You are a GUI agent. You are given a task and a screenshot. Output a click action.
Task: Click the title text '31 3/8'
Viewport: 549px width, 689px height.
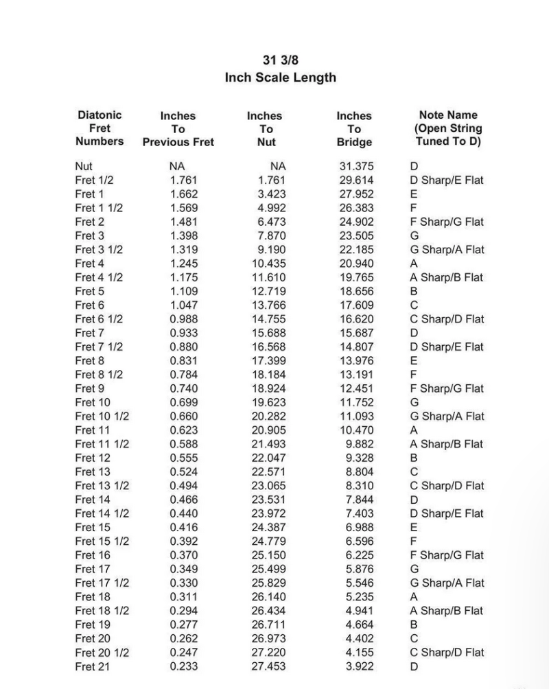tap(280, 60)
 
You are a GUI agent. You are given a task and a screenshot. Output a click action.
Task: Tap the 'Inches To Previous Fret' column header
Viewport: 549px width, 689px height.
tap(178, 129)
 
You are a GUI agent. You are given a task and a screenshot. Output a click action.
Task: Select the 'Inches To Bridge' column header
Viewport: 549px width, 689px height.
tap(354, 129)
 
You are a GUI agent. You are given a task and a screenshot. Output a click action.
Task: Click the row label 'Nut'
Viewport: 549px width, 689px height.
tap(84, 166)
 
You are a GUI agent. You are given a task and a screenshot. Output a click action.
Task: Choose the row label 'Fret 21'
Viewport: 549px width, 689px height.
tap(92, 666)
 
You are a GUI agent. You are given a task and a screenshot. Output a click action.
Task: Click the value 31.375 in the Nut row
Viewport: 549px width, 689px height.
tap(356, 166)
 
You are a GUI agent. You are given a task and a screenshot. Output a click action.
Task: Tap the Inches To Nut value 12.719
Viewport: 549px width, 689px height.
tap(268, 291)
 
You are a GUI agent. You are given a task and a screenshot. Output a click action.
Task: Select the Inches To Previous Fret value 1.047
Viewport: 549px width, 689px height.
tap(183, 305)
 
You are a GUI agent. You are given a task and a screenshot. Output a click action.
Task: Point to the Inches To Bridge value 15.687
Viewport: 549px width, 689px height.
tap(356, 333)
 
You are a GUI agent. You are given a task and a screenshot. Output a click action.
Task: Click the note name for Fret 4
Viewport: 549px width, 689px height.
tap(414, 264)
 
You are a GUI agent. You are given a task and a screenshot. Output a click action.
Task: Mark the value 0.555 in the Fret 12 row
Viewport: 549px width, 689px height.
tap(183, 458)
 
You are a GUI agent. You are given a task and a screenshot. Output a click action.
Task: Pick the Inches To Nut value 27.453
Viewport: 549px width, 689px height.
tap(268, 666)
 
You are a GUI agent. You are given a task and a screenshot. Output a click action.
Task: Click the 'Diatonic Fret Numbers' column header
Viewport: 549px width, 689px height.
tap(100, 128)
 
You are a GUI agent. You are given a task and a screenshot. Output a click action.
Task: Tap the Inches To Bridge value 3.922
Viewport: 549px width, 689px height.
tap(359, 666)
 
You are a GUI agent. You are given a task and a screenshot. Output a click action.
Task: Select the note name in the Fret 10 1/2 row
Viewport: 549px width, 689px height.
tap(447, 417)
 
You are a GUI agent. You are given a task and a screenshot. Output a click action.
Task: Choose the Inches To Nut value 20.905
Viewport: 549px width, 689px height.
tap(268, 430)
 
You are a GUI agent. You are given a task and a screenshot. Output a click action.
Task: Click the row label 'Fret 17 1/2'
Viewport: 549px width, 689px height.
tap(102, 583)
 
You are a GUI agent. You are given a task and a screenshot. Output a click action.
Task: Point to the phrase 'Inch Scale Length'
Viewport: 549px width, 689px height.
tap(280, 78)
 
